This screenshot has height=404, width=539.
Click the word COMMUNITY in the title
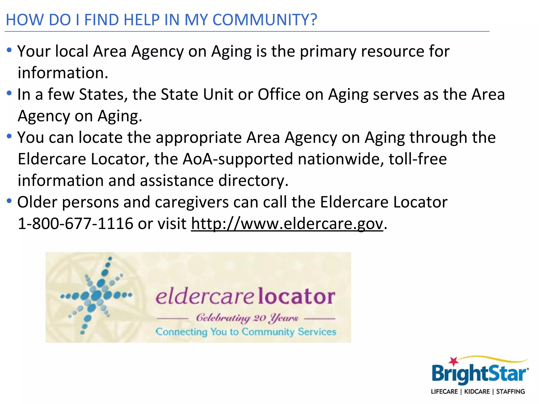click(264, 20)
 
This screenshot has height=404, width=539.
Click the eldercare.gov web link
click(287, 224)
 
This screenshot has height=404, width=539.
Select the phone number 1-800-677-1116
click(76, 224)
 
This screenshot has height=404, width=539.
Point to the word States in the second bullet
click(103, 94)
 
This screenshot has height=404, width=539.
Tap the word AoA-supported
click(238, 159)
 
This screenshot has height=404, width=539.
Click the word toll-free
click(418, 159)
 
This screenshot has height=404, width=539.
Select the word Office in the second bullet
click(279, 94)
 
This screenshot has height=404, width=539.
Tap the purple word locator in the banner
click(296, 296)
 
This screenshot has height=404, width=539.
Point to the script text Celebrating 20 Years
click(247, 318)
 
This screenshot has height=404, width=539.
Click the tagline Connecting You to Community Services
click(246, 332)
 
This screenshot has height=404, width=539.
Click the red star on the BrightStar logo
click(453, 361)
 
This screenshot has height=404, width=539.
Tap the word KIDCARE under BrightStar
click(477, 392)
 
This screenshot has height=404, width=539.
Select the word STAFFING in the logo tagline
click(510, 392)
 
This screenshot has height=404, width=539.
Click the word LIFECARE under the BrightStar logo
click(444, 392)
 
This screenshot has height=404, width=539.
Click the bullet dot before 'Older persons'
click(9, 201)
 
